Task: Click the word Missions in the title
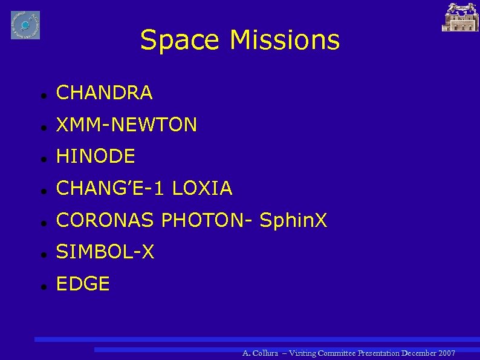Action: coord(284,41)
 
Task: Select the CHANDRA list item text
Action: coord(104,93)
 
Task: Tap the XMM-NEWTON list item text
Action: coord(126,125)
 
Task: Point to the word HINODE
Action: coord(96,157)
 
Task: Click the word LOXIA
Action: coord(202,189)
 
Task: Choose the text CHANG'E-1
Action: coord(111,189)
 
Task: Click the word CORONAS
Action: coord(106,221)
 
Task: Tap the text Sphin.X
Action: coord(293,221)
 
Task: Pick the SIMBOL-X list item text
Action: coord(105,252)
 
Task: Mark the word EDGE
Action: coord(83,284)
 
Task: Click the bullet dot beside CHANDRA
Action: coord(37,94)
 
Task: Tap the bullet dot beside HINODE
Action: coord(37,158)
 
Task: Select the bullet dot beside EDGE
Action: coord(37,285)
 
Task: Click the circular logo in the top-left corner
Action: coord(25,25)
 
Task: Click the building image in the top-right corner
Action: coord(461,17)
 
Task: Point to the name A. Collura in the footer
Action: coord(260,353)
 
